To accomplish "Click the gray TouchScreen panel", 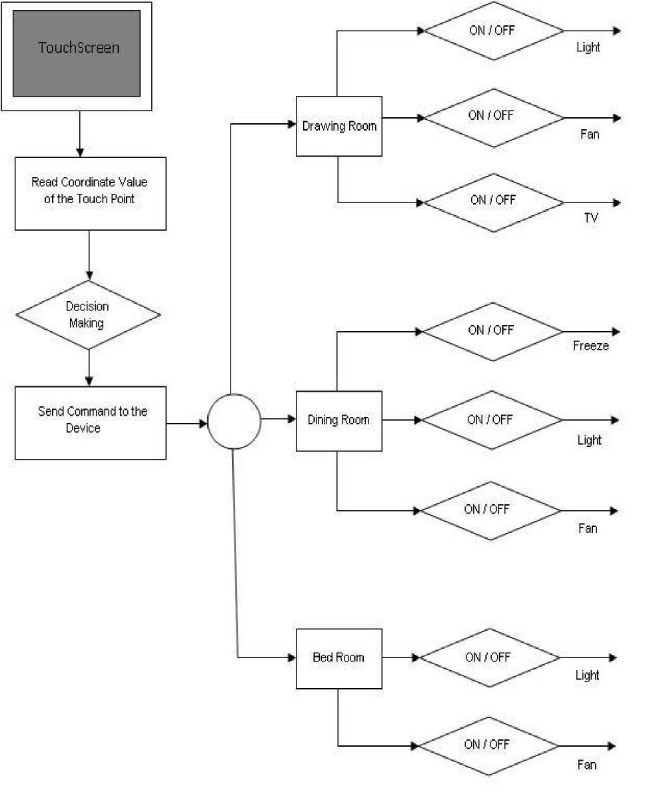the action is coord(77,53).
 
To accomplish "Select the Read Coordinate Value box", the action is coord(91,193).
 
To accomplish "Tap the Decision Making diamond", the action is coord(89,314).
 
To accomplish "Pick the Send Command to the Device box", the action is coord(91,423).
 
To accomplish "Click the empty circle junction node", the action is coord(234,421).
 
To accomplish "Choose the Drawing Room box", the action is coord(338,127).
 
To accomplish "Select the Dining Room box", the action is coord(338,421).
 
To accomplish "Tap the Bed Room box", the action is coord(338,659).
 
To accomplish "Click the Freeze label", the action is coord(591,346).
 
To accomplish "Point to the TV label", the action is coord(591,218).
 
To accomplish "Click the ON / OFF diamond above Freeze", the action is coord(492,332).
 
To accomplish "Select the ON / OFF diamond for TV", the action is coord(494,202).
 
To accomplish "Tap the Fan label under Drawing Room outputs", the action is coord(590,135).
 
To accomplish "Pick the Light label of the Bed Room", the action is coord(587,675).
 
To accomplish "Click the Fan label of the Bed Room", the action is coord(587,765).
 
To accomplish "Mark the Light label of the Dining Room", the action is coord(589,440).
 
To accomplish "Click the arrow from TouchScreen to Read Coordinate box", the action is coord(80,134).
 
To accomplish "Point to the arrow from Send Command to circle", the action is coord(187,423).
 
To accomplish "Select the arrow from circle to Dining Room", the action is coord(279,419).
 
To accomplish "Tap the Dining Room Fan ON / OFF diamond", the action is coord(490,511).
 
